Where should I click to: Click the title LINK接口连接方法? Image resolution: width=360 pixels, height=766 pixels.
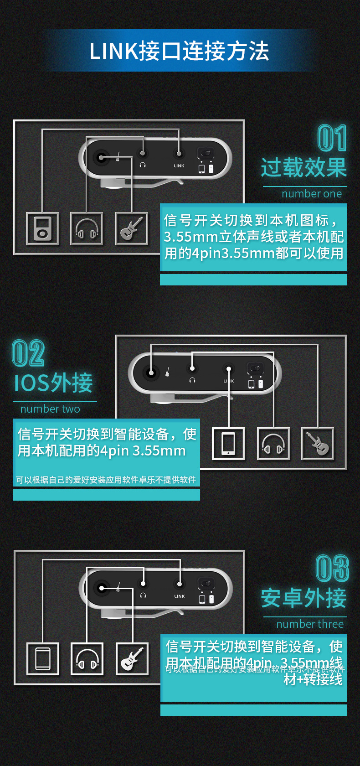click(x=179, y=51)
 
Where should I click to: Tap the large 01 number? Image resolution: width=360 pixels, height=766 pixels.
click(x=332, y=138)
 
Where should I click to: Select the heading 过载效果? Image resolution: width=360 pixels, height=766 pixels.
click(x=304, y=167)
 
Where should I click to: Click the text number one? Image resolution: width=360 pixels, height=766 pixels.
click(x=312, y=194)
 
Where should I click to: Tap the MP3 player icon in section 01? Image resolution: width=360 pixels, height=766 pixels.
click(x=42, y=228)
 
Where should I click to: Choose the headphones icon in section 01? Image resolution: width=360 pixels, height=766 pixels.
click(x=87, y=228)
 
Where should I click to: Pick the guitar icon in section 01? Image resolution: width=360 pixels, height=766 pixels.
click(x=132, y=228)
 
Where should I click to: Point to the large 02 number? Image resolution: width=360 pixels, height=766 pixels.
click(x=28, y=353)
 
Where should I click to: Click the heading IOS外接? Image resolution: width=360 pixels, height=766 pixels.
click(x=53, y=383)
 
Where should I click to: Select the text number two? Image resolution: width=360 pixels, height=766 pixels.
click(x=50, y=409)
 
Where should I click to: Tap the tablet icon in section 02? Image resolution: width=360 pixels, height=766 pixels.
click(x=228, y=444)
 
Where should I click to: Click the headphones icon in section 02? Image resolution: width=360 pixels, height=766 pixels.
click(x=273, y=444)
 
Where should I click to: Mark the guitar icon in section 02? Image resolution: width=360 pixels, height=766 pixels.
click(x=318, y=444)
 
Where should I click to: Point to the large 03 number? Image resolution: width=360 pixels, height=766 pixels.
click(x=333, y=569)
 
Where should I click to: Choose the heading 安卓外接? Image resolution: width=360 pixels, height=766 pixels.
click(x=304, y=598)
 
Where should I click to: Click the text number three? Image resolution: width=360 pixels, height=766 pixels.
click(x=310, y=624)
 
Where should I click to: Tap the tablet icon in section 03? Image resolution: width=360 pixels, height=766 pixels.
click(x=43, y=659)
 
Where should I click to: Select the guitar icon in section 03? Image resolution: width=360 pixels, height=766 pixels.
click(x=132, y=659)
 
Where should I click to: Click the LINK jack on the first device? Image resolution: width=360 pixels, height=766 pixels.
click(x=179, y=154)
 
